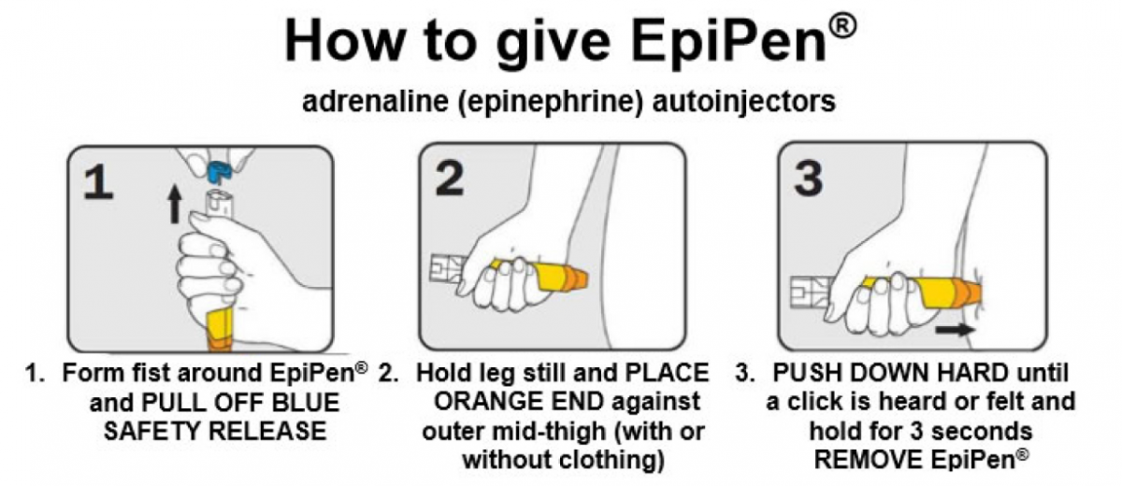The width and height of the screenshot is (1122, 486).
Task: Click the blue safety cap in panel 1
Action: coord(219,173)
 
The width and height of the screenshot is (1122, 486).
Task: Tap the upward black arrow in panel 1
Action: coord(174,204)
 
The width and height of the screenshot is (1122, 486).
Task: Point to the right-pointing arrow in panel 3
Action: coord(955,329)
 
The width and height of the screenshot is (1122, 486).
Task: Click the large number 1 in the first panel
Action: coord(98,182)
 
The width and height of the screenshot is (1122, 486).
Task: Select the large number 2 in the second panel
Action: coord(450,179)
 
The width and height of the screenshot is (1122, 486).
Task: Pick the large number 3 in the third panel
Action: coord(808,179)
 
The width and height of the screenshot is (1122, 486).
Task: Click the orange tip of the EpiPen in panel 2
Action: coord(574,279)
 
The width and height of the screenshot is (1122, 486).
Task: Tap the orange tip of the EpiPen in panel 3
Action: coord(966,293)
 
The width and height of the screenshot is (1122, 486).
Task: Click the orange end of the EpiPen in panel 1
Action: coord(221,343)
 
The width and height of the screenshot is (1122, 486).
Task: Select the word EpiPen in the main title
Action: coord(728,40)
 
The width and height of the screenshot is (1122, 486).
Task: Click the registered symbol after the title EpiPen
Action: coord(842,26)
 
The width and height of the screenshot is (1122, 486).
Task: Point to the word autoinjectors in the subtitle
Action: coord(744,102)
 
